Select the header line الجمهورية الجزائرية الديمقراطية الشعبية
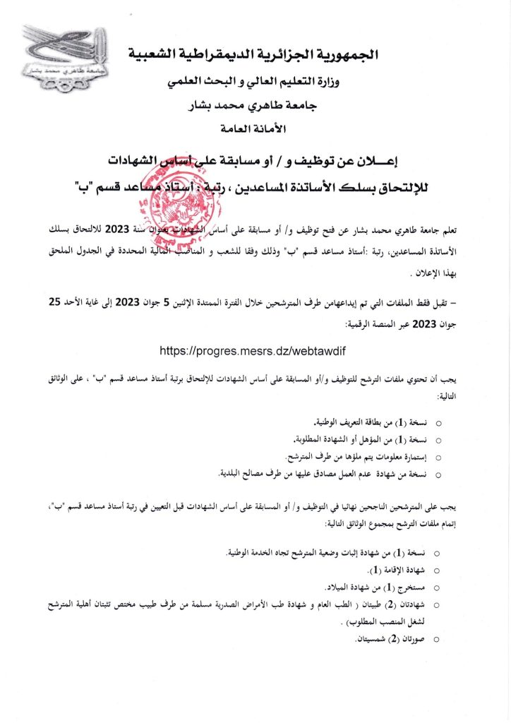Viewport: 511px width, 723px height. coord(255,54)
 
